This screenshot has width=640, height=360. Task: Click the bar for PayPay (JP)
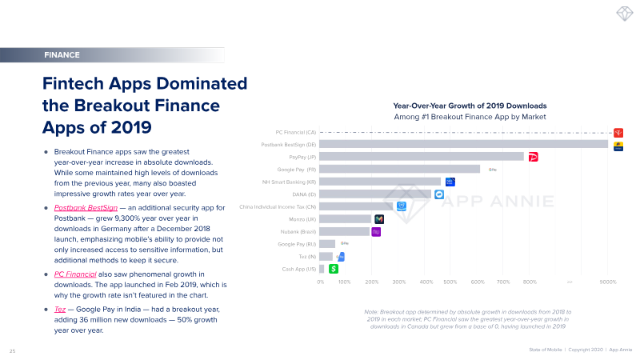click(x=422, y=157)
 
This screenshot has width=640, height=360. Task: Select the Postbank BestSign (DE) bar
click(x=464, y=144)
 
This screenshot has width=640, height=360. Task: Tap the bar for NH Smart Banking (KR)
click(x=380, y=182)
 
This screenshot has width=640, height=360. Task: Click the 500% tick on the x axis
click(x=450, y=282)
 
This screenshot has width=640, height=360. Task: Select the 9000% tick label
click(x=608, y=282)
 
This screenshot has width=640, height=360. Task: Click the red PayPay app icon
click(x=534, y=158)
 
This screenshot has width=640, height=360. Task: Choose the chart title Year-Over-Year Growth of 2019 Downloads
click(x=470, y=105)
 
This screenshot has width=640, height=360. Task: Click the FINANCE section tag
click(x=62, y=55)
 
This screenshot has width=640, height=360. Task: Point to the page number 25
click(x=12, y=350)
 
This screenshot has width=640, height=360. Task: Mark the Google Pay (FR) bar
click(x=400, y=169)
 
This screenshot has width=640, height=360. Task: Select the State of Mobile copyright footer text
click(x=580, y=350)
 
